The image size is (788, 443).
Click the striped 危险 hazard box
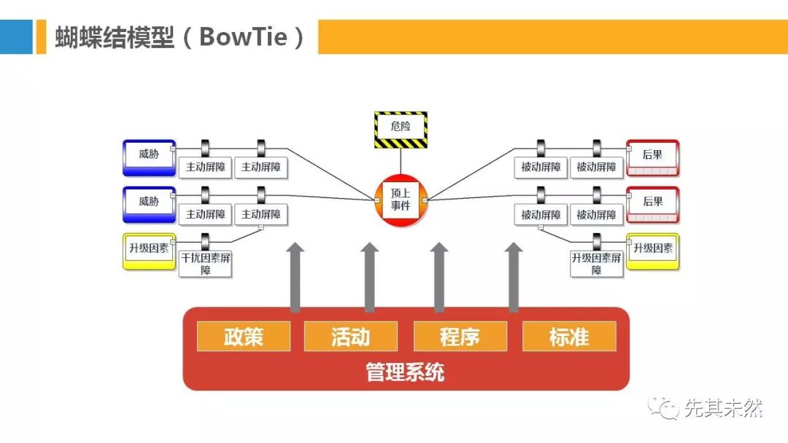[x=401, y=130]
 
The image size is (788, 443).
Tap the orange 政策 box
[x=243, y=337]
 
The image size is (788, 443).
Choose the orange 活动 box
[x=351, y=337]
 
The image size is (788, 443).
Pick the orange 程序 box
[x=460, y=337]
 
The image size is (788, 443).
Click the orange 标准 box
[x=569, y=337]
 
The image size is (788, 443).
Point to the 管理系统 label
[x=405, y=373]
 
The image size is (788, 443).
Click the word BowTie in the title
[x=244, y=36]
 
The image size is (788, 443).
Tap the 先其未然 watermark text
[x=723, y=409]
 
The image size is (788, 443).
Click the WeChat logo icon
[x=664, y=409]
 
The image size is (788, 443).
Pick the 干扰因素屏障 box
[x=206, y=264]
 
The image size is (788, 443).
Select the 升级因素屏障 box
[x=597, y=264]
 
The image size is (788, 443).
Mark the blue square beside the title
[x=16, y=36]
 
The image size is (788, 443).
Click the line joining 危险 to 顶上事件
[x=401, y=162]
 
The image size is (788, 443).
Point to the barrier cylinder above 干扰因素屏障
[x=206, y=241]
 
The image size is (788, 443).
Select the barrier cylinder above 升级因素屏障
[x=597, y=241]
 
